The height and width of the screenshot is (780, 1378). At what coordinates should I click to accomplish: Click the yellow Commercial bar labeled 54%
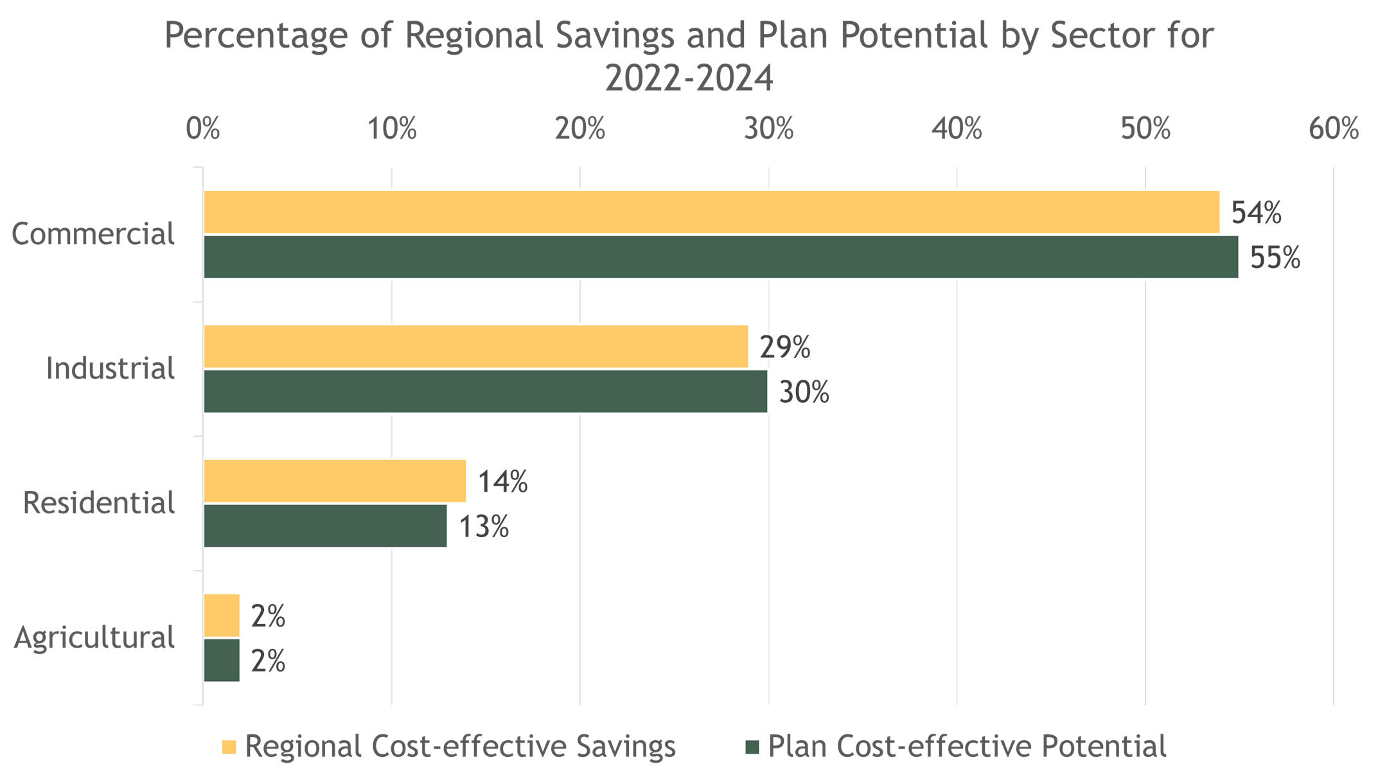coord(711,212)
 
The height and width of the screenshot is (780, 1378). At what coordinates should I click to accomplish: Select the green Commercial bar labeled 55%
coord(721,257)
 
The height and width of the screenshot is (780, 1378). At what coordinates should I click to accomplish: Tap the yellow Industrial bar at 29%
coord(476,346)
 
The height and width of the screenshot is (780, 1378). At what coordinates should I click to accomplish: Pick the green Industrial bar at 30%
coord(486,391)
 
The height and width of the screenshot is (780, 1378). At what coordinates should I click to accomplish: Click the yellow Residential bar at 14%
coord(335,481)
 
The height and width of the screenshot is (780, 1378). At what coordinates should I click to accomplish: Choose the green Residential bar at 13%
coord(326,526)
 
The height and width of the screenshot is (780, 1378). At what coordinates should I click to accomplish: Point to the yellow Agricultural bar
coord(222,616)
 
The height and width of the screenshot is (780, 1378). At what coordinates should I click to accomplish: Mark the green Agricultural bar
coord(222,660)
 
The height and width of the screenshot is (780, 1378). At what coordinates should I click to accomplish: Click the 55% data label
coord(1275,258)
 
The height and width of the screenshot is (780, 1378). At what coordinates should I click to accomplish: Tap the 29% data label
coord(784,347)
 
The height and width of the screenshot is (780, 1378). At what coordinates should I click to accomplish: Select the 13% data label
coord(483,527)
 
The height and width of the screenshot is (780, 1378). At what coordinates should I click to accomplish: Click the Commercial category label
coord(93,234)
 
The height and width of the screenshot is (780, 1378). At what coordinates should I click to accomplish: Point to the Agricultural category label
coord(94,638)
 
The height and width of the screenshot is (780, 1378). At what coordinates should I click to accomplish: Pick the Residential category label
coord(99,502)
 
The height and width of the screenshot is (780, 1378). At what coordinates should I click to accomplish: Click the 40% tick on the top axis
coord(957,129)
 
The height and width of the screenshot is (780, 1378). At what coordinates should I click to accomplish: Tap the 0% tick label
coord(203,129)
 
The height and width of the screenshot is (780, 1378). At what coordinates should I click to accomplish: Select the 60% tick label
coord(1334,129)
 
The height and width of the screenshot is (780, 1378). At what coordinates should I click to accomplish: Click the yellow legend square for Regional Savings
coord(229,747)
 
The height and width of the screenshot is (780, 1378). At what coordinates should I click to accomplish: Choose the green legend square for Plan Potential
coord(752,747)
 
